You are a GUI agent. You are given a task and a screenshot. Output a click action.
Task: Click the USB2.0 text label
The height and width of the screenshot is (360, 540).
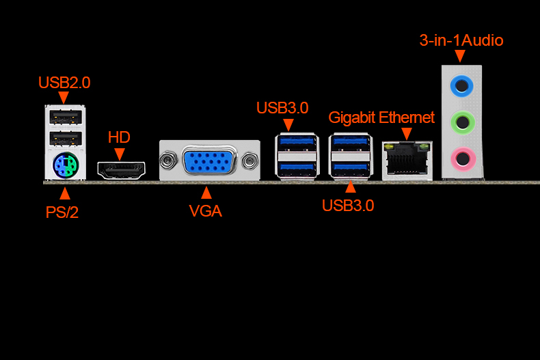pyautogui.click(x=64, y=83)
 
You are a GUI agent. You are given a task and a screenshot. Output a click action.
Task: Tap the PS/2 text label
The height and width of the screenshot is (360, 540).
pyautogui.click(x=62, y=212)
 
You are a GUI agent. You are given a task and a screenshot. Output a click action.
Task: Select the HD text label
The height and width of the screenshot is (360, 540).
pyautogui.click(x=119, y=137)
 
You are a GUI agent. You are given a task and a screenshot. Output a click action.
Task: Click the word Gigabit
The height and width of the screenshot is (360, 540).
pyautogui.click(x=352, y=117)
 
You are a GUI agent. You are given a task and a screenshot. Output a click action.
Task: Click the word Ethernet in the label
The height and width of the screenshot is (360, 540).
pyautogui.click(x=407, y=117)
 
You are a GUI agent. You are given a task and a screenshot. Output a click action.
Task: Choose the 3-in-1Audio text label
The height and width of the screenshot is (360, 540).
pyautogui.click(x=461, y=40)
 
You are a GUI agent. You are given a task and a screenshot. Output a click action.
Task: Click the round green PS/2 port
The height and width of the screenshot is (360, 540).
pyautogui.click(x=65, y=165)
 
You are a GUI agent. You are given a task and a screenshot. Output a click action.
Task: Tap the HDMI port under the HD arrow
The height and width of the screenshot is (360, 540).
pyautogui.click(x=121, y=169)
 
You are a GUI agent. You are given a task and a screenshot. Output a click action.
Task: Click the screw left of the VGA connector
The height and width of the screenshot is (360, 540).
pyautogui.click(x=166, y=163)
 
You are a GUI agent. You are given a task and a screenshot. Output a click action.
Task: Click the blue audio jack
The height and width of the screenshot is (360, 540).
pyautogui.click(x=463, y=85)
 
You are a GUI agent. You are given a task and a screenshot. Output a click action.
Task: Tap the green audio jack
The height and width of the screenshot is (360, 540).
pyautogui.click(x=463, y=123)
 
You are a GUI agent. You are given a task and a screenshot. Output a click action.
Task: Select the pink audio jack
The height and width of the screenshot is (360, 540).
pyautogui.click(x=463, y=160)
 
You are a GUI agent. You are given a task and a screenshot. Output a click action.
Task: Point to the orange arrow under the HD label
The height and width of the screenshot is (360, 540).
pyautogui.click(x=120, y=154)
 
